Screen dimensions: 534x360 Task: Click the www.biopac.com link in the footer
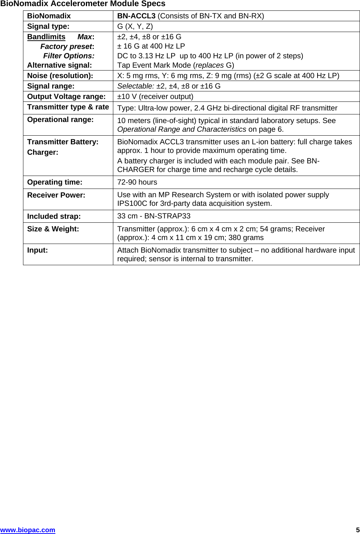pyautogui.click(x=28, y=530)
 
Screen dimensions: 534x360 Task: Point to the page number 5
pyautogui.click(x=357, y=530)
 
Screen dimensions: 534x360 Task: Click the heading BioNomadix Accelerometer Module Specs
pyautogui.click(x=83, y=4)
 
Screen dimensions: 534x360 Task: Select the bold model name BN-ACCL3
pyautogui.click(x=136, y=16)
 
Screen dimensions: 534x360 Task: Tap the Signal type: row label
pyautogui.click(x=48, y=26)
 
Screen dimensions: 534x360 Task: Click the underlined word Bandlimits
pyautogui.click(x=46, y=37)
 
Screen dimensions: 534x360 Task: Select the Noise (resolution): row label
pyautogui.click(x=60, y=76)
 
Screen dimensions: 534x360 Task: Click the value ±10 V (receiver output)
pyautogui.click(x=155, y=96)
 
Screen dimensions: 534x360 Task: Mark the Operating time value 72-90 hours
pyautogui.click(x=137, y=182)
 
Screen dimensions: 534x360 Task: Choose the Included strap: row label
pyautogui.click(x=54, y=216)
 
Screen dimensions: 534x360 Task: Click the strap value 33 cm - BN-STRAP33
pyautogui.click(x=154, y=216)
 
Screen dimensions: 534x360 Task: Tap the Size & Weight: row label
pyautogui.click(x=53, y=229)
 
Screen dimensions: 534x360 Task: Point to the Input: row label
pyautogui.click(x=37, y=250)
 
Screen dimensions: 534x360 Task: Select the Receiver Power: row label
pyautogui.click(x=56, y=195)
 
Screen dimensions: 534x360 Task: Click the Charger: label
pyautogui.click(x=42, y=152)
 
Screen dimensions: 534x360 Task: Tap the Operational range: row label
pyautogui.click(x=60, y=119)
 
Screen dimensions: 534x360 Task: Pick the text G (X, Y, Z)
pyautogui.click(x=135, y=26)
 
